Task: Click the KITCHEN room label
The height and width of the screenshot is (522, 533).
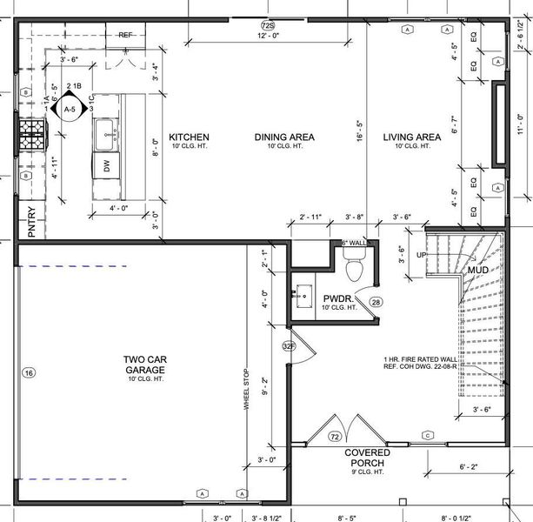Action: [189, 137]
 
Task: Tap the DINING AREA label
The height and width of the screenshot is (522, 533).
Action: [284, 137]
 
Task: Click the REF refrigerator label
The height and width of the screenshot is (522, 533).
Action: [125, 35]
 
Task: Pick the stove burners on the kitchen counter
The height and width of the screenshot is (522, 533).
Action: [31, 135]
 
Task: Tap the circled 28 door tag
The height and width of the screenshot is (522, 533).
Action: [376, 302]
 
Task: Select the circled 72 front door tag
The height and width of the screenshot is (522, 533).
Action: [335, 436]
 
